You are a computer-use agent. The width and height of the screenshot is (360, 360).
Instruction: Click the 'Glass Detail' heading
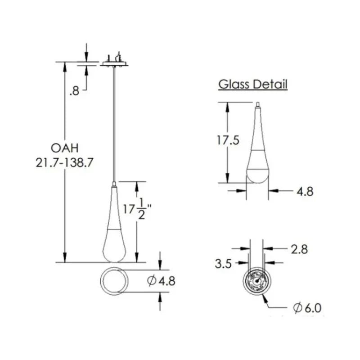coord(252,84)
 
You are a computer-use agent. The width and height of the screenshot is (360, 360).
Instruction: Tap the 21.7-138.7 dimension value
coord(64,162)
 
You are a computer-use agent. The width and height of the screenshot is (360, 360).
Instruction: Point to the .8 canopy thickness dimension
coord(75,91)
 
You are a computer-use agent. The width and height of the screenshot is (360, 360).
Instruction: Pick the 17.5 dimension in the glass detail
coord(226,140)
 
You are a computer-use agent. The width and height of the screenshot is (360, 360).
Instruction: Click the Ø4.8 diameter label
coord(161,281)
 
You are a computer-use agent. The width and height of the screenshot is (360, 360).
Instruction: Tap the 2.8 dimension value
coord(298,249)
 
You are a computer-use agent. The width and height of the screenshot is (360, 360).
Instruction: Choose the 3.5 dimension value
coord(223,264)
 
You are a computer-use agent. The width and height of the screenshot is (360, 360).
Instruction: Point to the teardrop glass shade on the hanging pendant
coord(115,229)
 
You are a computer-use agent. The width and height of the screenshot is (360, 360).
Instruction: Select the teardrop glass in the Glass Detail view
coord(257,153)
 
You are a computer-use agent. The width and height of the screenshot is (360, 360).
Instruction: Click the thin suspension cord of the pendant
coord(115,121)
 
